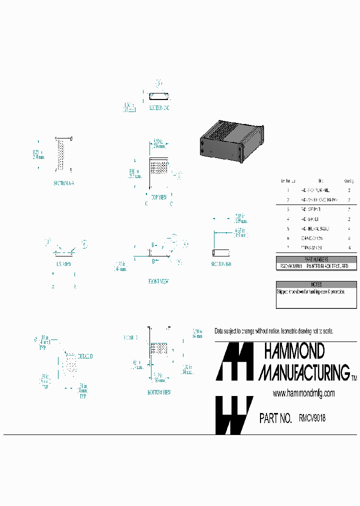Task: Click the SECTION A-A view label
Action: [x=63, y=183]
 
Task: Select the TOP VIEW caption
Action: [x=158, y=197]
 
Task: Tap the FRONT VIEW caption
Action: [x=158, y=281]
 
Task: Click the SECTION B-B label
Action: [x=221, y=263]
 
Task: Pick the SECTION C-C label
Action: [x=158, y=108]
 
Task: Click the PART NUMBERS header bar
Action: [x=317, y=259]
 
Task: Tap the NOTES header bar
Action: [x=317, y=284]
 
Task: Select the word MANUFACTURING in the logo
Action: [x=303, y=372]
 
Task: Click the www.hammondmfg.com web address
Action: [x=303, y=393]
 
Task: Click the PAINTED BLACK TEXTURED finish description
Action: [x=330, y=266]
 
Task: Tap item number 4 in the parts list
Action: [x=288, y=219]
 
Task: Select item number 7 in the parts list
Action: [x=288, y=247]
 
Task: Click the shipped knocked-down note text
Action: [x=310, y=291]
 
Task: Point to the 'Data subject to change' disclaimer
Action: [x=273, y=331]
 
